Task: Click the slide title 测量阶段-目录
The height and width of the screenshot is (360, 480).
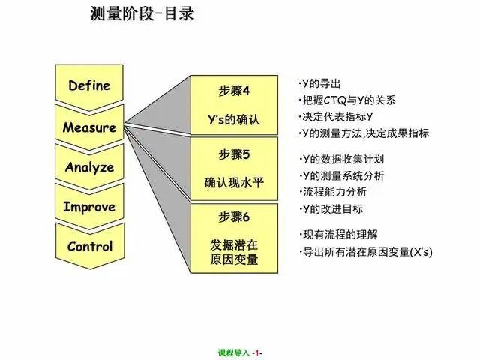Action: pos(142,13)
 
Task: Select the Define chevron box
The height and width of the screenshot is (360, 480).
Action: pos(89,85)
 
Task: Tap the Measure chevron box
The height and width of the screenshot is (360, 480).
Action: pos(89,127)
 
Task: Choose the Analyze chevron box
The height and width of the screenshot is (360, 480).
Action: pos(89,167)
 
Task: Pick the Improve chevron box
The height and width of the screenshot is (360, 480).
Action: pos(89,207)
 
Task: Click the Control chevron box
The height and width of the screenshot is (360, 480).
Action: pos(90,247)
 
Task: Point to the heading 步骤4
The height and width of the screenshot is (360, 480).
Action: pos(234,91)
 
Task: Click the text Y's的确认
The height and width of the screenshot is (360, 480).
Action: pos(234,119)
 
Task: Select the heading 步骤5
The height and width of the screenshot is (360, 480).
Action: pos(234,154)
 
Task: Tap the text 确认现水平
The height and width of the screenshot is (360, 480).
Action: pos(234,183)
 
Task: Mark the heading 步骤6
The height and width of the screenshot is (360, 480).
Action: pos(234,217)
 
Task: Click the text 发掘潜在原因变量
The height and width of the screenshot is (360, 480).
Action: pos(234,252)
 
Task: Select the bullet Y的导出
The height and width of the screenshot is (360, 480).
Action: pos(320,83)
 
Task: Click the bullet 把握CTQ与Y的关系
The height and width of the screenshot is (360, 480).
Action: pos(347,100)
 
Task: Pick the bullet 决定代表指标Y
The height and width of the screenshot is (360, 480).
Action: pos(336,117)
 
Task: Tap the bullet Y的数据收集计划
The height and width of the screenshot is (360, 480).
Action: pos(342,159)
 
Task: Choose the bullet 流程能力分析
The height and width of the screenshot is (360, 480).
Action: pos(333,192)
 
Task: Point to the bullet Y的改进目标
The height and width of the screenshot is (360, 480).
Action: pos(331,209)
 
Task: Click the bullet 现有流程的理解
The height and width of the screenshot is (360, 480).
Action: pos(338,235)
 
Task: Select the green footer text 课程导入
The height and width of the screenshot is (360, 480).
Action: pos(234,353)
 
